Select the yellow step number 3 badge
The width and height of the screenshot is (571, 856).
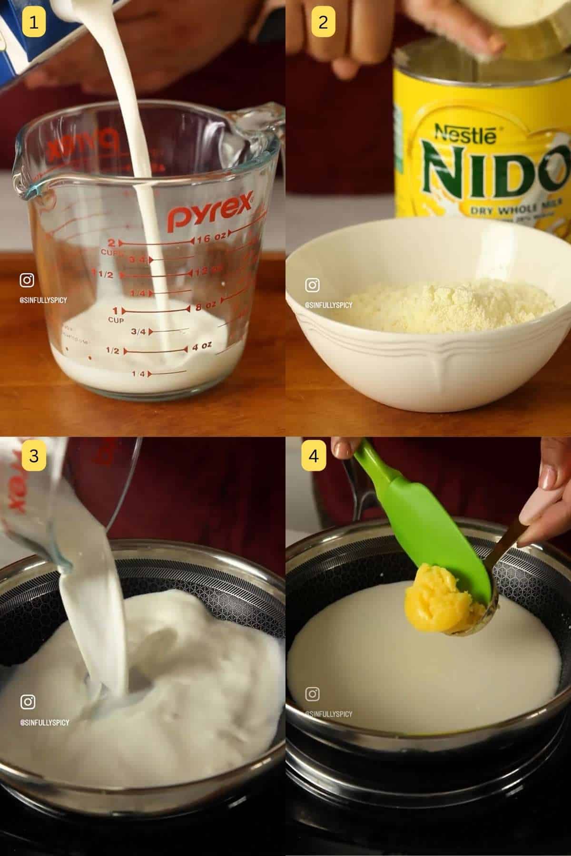point(33,456)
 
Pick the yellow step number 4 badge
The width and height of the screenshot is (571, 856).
point(314,456)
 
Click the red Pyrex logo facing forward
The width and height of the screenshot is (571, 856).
point(209,212)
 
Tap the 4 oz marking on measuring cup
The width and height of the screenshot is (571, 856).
point(202,347)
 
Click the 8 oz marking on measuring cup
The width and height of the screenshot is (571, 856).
point(206,305)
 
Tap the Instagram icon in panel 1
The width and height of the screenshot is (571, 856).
point(27,280)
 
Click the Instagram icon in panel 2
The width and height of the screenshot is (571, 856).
point(312,285)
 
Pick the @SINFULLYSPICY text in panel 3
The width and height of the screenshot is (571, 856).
point(45,722)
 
